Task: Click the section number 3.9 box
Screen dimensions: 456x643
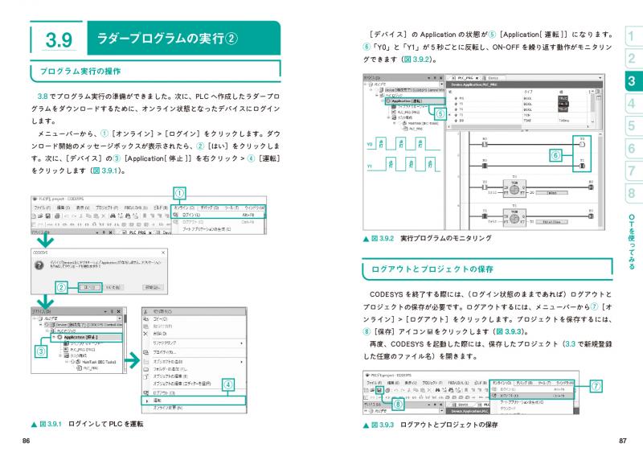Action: coord(59,39)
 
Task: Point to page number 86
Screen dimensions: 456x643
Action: coord(27,440)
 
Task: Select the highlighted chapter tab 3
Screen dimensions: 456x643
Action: coord(632,80)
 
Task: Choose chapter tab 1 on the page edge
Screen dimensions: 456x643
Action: coord(632,35)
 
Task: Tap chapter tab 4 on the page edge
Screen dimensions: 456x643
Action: coord(632,104)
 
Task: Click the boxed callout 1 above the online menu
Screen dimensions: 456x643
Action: coord(180,193)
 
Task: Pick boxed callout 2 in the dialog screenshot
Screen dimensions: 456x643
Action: coord(60,287)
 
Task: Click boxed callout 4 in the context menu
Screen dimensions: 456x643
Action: coord(228,384)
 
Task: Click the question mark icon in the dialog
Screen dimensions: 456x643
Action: coord(39,266)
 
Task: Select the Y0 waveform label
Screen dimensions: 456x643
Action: coord(370,146)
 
